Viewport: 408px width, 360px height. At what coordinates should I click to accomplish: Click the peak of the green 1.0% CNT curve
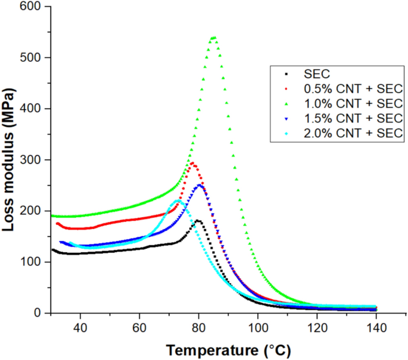pyautogui.click(x=213, y=38)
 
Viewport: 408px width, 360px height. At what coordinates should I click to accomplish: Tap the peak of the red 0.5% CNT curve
pyautogui.click(x=192, y=163)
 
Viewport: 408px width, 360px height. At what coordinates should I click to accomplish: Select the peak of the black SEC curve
pyautogui.click(x=198, y=221)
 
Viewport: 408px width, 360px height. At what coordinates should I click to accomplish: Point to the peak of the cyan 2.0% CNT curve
pyautogui.click(x=177, y=202)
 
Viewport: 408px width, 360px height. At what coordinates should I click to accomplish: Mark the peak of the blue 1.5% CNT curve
pyautogui.click(x=200, y=186)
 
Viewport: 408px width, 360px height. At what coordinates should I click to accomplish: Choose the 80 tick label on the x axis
pyautogui.click(x=198, y=327)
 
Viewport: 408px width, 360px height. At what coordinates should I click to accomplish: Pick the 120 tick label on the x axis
pyautogui.click(x=317, y=327)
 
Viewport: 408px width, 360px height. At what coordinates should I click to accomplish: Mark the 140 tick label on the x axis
pyautogui.click(x=376, y=327)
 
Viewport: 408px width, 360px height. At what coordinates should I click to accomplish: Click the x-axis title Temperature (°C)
pyautogui.click(x=228, y=349)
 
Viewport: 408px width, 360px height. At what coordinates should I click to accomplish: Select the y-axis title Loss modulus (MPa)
pyautogui.click(x=10, y=161)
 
